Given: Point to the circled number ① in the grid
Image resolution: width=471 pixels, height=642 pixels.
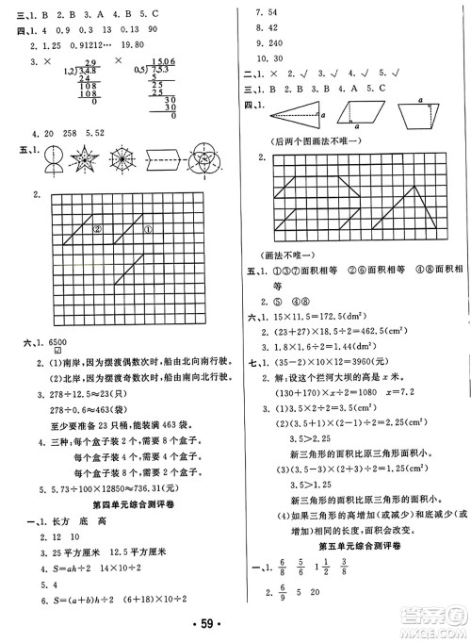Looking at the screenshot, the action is [x=148, y=227].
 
